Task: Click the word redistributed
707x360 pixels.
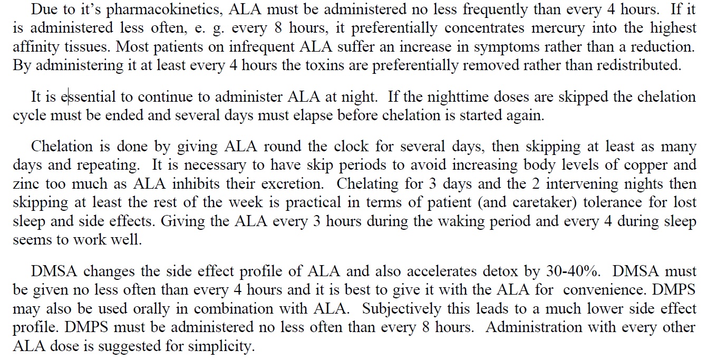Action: pos(644,65)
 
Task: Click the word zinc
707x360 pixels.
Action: pos(26,184)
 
